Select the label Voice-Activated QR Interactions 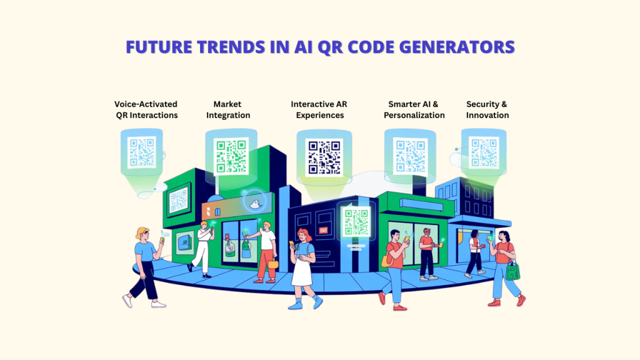(146, 109)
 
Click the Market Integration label (227, 109)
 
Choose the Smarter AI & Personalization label (414, 109)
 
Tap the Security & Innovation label (487, 109)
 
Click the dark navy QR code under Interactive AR (324, 156)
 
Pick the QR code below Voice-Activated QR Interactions (142, 152)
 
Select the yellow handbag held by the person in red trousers (273, 264)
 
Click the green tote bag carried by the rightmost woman (513, 271)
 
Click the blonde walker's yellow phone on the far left (162, 239)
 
